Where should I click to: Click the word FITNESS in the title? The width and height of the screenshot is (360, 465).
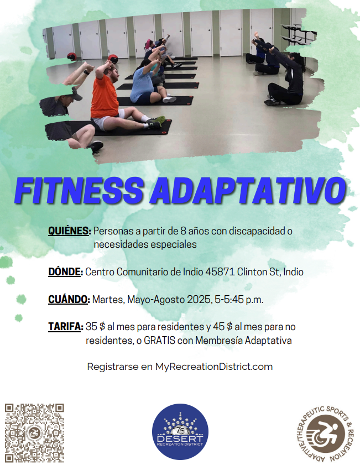pyautogui.click(x=80, y=190)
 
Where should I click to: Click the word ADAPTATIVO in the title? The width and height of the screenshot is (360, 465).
pyautogui.click(x=248, y=190)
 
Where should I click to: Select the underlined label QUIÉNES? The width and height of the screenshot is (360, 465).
pyautogui.click(x=69, y=231)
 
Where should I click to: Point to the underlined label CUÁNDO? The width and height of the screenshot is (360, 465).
pyautogui.click(x=69, y=299)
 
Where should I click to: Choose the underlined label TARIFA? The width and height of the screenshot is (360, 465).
pyautogui.click(x=66, y=327)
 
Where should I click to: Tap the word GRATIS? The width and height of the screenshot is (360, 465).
pyautogui.click(x=159, y=340)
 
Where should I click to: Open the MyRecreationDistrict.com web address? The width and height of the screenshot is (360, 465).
pyautogui.click(x=214, y=367)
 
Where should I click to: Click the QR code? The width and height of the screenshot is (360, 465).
pyautogui.click(x=34, y=433)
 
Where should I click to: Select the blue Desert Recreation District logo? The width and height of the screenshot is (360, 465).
pyautogui.click(x=180, y=431)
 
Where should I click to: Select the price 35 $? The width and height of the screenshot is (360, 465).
pyautogui.click(x=96, y=327)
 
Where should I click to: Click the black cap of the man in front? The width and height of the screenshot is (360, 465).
pyautogui.click(x=76, y=94)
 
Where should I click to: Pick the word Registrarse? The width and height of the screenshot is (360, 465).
pyautogui.click(x=113, y=367)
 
